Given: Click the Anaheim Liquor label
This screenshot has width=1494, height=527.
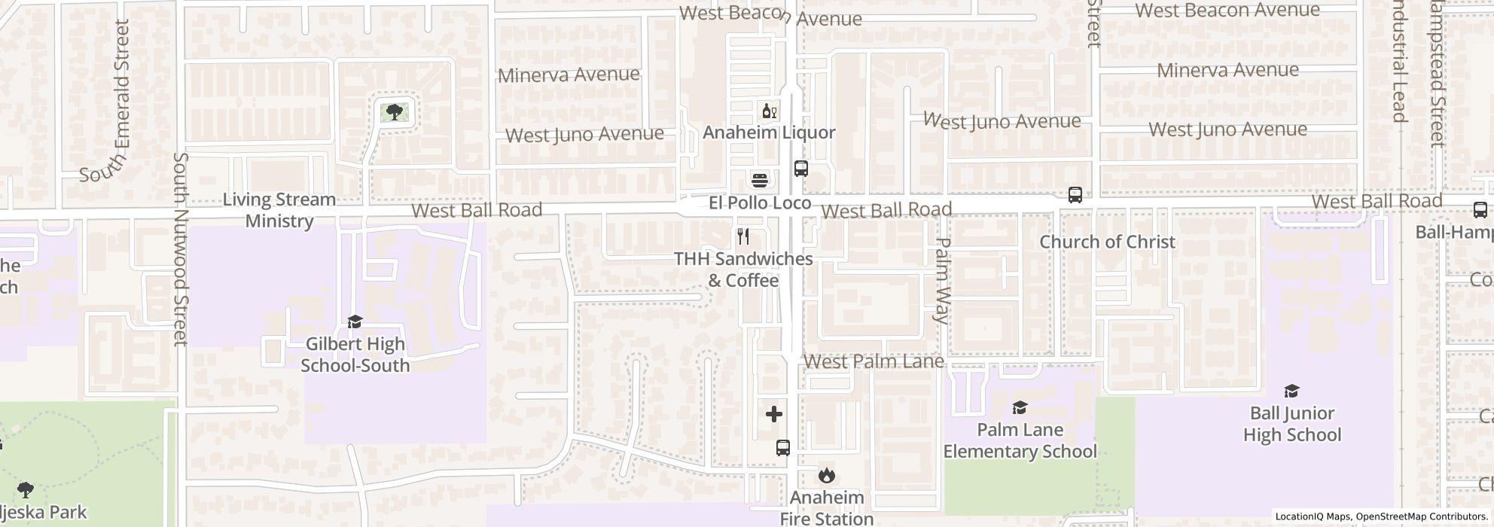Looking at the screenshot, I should (x=769, y=133).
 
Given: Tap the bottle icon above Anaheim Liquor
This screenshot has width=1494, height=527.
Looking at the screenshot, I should (x=769, y=112).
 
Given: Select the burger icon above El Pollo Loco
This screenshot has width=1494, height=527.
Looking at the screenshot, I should (x=760, y=180).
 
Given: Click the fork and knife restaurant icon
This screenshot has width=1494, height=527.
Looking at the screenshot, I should (x=743, y=236).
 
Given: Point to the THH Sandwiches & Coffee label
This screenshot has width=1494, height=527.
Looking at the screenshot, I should (x=742, y=270).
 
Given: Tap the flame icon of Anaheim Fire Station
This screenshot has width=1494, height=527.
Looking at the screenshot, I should (x=827, y=475).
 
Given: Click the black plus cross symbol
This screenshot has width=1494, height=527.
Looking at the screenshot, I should (x=774, y=414).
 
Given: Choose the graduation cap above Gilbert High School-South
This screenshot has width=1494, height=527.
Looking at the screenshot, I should (x=355, y=321).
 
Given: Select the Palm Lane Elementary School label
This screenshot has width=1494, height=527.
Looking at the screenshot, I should (x=1020, y=440).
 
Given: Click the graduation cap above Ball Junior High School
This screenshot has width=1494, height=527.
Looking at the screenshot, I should (x=1291, y=391).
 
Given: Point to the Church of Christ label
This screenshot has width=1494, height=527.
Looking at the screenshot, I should (x=1107, y=242).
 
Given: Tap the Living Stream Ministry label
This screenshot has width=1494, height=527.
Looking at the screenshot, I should (x=279, y=210).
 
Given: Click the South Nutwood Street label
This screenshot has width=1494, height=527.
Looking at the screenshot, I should (x=181, y=249).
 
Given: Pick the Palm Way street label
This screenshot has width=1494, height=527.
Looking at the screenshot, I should (x=941, y=281).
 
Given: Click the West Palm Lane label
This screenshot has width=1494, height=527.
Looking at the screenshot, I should (x=874, y=361).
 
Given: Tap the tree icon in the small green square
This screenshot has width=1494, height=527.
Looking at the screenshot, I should (x=393, y=113).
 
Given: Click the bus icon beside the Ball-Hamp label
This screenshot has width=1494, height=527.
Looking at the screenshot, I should (x=1480, y=210).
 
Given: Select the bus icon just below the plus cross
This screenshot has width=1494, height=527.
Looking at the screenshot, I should (x=783, y=448).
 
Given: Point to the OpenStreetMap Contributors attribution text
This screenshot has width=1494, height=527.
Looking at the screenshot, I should (x=1420, y=516).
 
